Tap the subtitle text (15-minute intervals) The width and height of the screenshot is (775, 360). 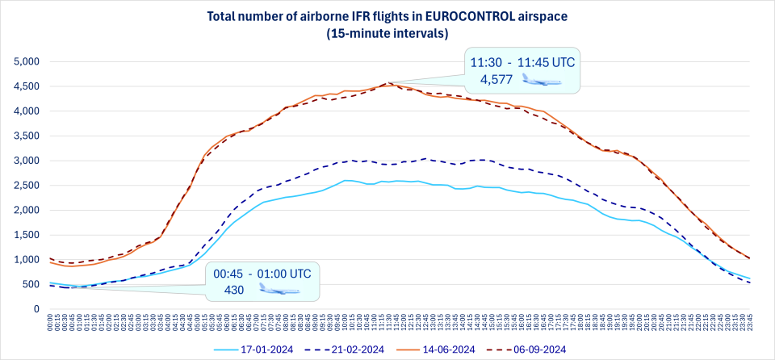pyautogui.click(x=387, y=33)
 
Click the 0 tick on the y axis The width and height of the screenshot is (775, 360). pyautogui.click(x=36, y=308)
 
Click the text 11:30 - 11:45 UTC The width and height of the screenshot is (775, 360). pyautogui.click(x=523, y=61)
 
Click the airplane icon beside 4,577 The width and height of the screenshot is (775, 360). pyautogui.click(x=541, y=79)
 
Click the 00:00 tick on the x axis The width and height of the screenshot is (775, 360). pyautogui.click(x=50, y=324)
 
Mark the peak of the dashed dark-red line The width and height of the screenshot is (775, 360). pyautogui.click(x=389, y=82)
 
